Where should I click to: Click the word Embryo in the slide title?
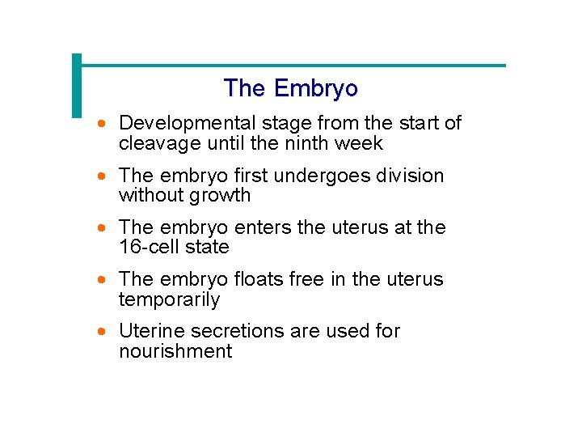coord(316,88)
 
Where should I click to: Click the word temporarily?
coord(169,299)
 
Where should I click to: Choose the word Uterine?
coord(150,331)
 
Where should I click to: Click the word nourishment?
coord(175,350)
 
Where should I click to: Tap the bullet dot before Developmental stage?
coord(100,125)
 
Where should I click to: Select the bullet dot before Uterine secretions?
coord(100,332)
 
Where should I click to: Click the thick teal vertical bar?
coord(78,85)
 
